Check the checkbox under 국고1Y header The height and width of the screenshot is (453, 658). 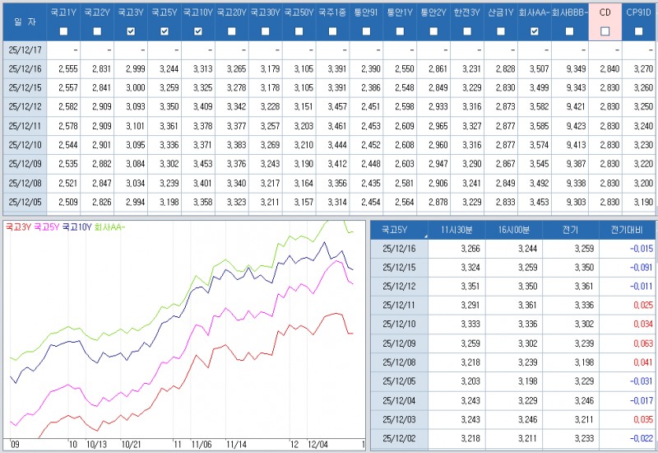click(x=64, y=31)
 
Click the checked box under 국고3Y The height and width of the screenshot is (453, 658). click(x=131, y=31)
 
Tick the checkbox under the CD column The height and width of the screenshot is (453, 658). click(x=605, y=31)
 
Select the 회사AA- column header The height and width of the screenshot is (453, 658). click(x=534, y=13)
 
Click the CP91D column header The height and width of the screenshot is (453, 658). click(x=639, y=13)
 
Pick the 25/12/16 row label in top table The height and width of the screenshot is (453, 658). click(x=25, y=70)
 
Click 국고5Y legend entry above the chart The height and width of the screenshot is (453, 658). click(x=46, y=226)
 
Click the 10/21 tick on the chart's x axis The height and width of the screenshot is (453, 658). click(x=131, y=444)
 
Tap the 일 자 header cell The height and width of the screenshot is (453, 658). click(x=25, y=22)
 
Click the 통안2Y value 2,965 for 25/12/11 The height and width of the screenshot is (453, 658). click(x=433, y=126)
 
